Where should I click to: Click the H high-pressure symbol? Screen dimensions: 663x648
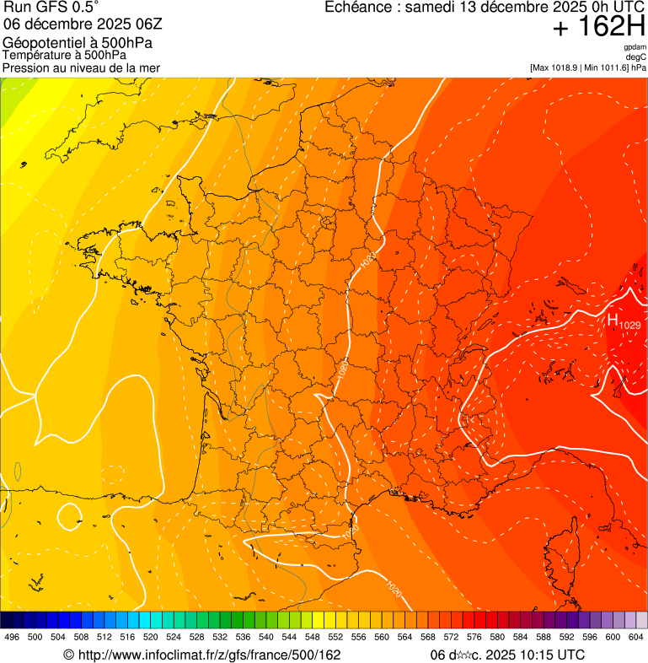(613, 320)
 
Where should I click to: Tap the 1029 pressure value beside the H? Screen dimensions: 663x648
(630, 325)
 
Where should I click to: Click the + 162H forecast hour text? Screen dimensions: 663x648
(598, 28)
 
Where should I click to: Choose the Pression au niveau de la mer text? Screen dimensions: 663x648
(81, 67)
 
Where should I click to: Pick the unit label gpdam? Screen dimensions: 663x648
(635, 47)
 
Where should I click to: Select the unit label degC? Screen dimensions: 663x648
(636, 57)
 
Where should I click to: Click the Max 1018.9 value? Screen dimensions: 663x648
(560, 67)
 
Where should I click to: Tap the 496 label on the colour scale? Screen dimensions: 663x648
(12, 637)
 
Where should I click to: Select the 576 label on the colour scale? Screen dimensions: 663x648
(474, 637)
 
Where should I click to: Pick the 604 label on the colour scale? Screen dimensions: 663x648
(635, 637)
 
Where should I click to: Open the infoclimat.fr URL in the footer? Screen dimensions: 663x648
(202, 655)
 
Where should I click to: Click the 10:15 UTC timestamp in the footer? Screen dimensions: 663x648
(548, 655)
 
